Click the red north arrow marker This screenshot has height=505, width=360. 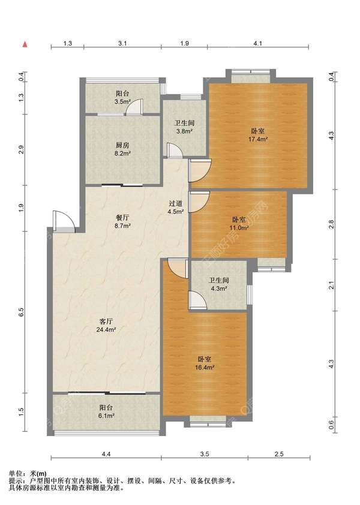pyautogui.click(x=25, y=44)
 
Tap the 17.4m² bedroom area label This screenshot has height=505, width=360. pyautogui.click(x=258, y=136)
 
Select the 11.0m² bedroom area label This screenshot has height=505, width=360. pyautogui.click(x=239, y=224)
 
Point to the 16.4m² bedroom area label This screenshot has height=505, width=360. pyautogui.click(x=205, y=363)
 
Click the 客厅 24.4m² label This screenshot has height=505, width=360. pyautogui.click(x=106, y=325)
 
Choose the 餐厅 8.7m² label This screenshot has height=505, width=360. pyautogui.click(x=122, y=221)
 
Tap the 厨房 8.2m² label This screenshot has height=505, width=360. pyautogui.click(x=122, y=149)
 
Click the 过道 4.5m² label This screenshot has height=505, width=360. pyautogui.click(x=176, y=208)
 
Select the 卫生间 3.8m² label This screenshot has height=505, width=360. pyautogui.click(x=184, y=127)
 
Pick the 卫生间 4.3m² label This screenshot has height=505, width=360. pyautogui.click(x=219, y=284)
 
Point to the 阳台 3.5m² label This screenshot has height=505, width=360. pyautogui.click(x=122, y=98)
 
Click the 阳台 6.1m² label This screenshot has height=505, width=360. pyautogui.click(x=106, y=411)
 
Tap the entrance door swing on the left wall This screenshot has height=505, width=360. pyautogui.click(x=64, y=221)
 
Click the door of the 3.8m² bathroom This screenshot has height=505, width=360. pyautogui.click(x=175, y=151)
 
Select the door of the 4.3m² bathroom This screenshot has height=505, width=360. pyautogui.click(x=197, y=301)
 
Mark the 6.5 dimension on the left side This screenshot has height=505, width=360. pyautogui.click(x=21, y=312)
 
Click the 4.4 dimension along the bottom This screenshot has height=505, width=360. pyautogui.click(x=106, y=454)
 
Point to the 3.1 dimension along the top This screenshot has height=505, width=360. pyautogui.click(x=122, y=43)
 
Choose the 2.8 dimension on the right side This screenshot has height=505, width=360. pyautogui.click(x=331, y=224)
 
